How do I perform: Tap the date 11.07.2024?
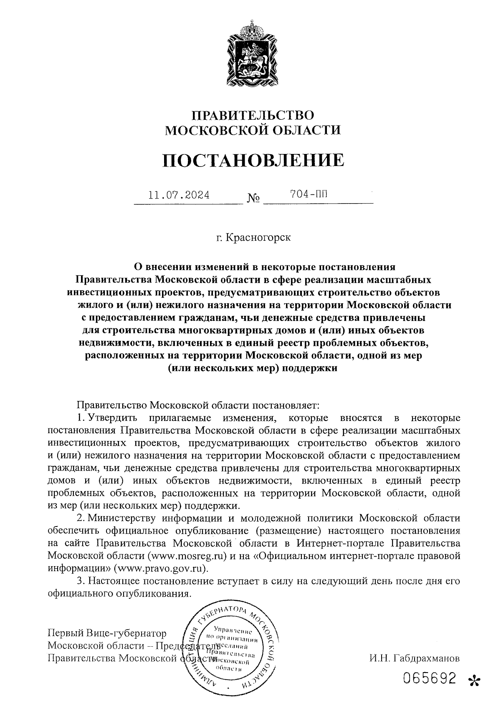179,195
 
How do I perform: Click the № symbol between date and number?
253,198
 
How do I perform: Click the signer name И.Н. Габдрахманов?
415,659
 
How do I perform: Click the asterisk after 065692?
474,681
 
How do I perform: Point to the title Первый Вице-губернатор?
107,634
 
